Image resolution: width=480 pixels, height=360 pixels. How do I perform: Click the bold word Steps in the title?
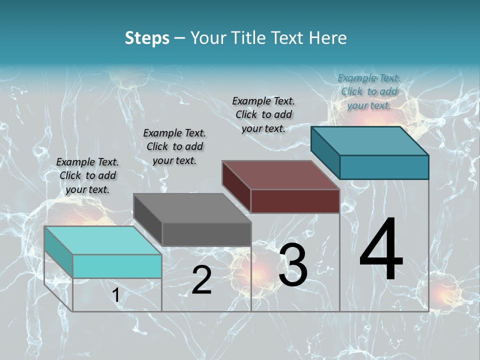pos(147,38)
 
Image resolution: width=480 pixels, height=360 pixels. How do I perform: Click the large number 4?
pos(381,250)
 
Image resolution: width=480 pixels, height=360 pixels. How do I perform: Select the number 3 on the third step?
pos(293,265)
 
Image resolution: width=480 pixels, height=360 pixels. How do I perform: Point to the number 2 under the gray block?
pos(201,280)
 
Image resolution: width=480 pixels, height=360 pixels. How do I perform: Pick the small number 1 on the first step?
pos(116,295)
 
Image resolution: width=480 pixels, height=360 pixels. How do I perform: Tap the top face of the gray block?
pos(192,207)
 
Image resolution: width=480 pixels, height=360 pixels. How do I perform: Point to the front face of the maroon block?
pos(295,201)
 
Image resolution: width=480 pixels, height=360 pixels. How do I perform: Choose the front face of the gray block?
pos(206,234)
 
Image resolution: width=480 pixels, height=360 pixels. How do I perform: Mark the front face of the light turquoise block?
pos(117,266)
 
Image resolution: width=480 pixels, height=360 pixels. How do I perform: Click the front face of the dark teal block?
pos(384,167)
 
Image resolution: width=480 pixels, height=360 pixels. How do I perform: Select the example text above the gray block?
pos(174,147)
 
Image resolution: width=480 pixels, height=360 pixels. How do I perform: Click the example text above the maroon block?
pos(263,114)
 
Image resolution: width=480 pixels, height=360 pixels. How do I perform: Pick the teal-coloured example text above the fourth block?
pos(369,91)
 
